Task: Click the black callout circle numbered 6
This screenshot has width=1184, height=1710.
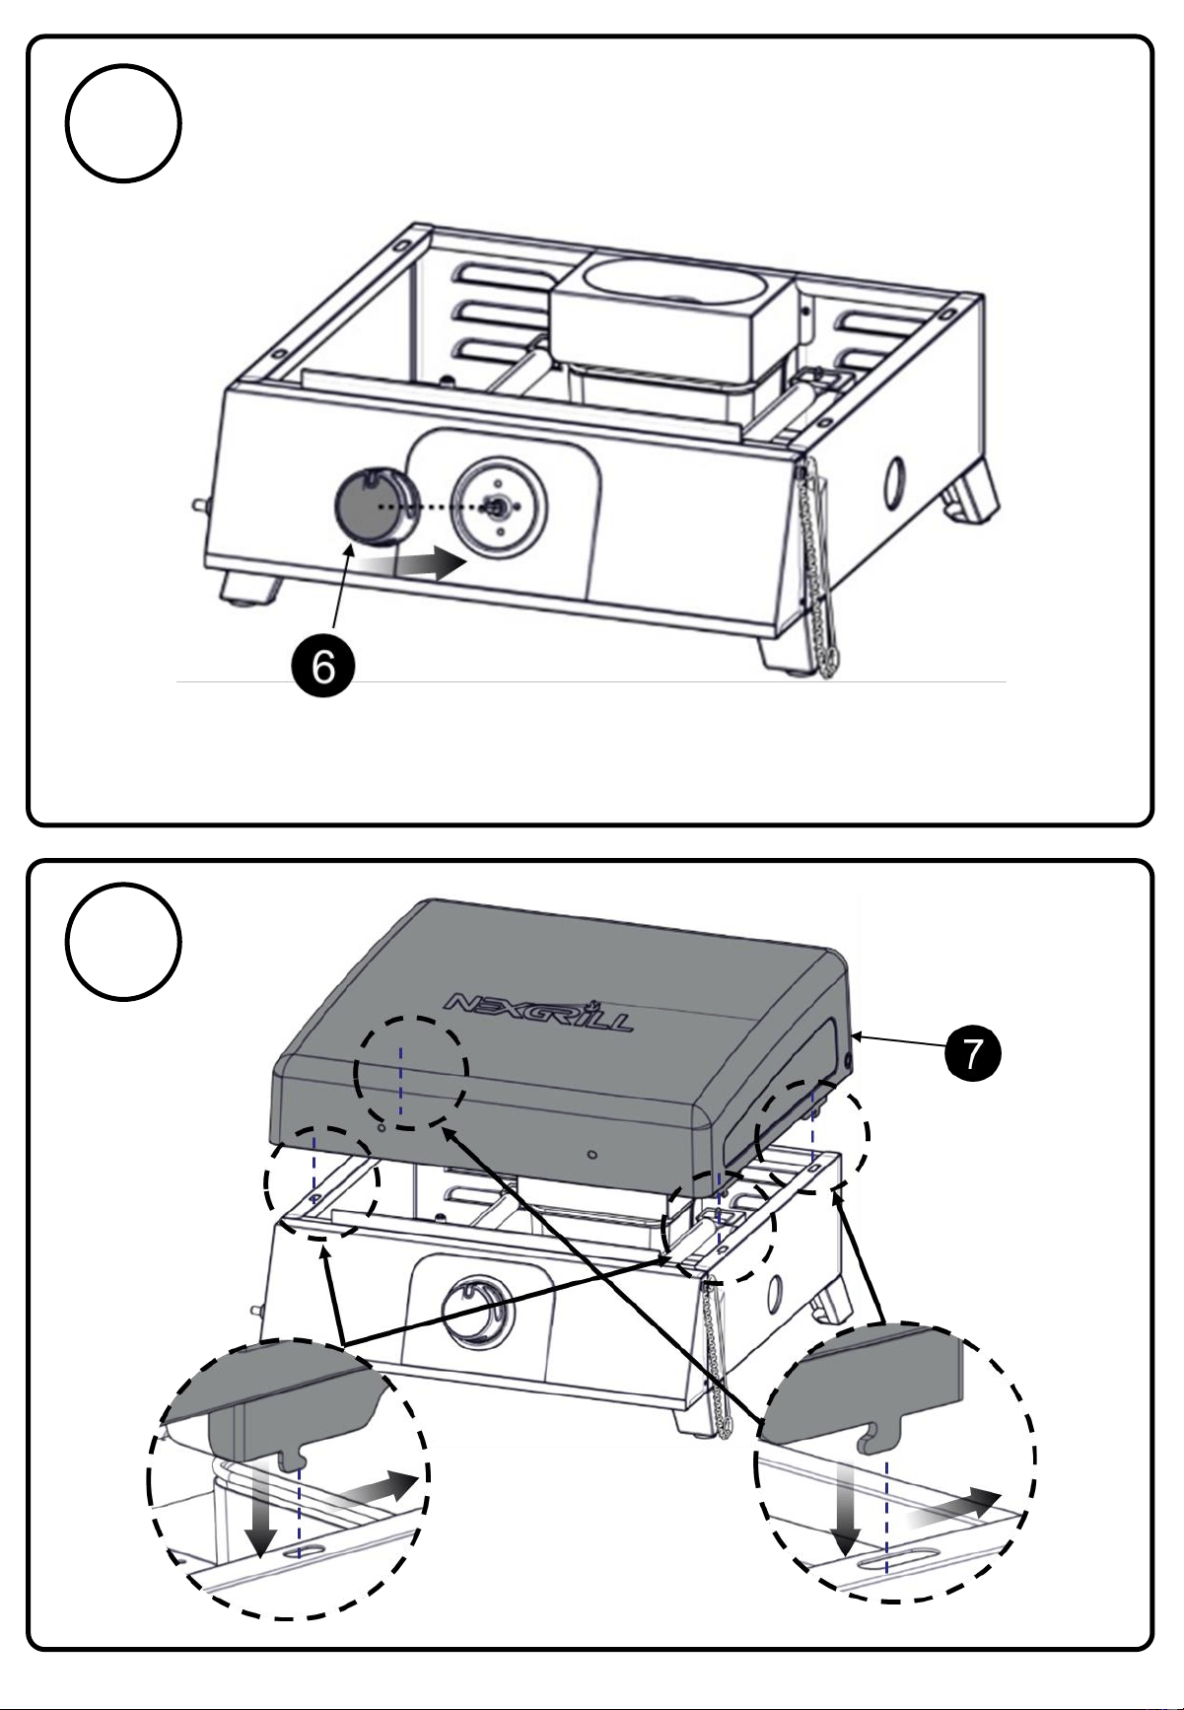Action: (x=323, y=668)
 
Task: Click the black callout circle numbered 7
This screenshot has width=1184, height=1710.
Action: (x=972, y=1054)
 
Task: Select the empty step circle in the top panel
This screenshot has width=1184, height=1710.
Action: (x=123, y=123)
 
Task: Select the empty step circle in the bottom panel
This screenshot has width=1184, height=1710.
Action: (x=123, y=942)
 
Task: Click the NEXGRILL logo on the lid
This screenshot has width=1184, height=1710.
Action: (x=540, y=1013)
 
